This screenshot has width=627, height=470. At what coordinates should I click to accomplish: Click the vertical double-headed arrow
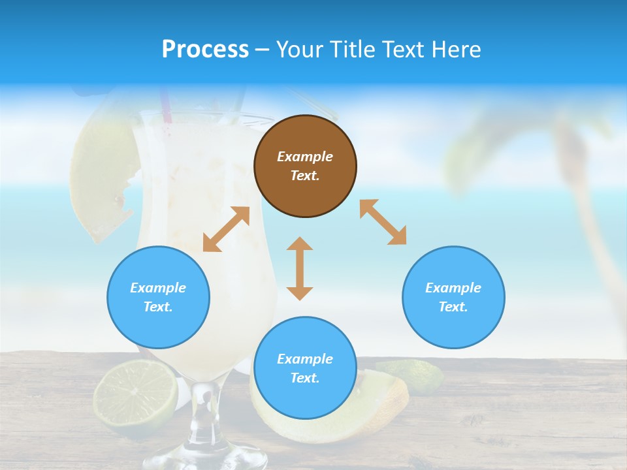[x=300, y=268]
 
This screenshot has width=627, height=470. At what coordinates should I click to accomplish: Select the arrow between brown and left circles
[x=226, y=229]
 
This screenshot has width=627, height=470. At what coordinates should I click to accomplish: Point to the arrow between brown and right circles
[x=383, y=222]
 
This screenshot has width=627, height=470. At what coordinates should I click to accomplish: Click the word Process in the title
[x=205, y=49]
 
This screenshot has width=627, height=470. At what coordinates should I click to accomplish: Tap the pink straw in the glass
[x=166, y=107]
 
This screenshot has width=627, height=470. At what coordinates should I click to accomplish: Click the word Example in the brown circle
[x=305, y=157]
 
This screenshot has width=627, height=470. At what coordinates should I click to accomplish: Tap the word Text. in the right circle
[x=453, y=307]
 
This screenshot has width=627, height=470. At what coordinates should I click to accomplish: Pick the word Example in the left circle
[x=158, y=288]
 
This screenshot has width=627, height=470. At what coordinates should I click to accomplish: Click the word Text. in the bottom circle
[x=305, y=378]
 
